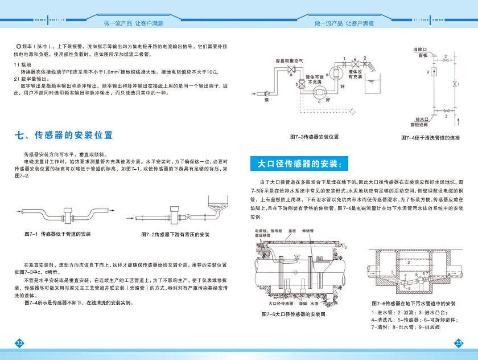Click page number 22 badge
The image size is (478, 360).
point(19,342)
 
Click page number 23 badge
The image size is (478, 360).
point(459,342)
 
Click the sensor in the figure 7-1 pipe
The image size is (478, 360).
point(69,216)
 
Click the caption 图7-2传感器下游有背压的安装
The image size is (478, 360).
point(175,234)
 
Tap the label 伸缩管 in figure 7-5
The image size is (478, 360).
point(308,232)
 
